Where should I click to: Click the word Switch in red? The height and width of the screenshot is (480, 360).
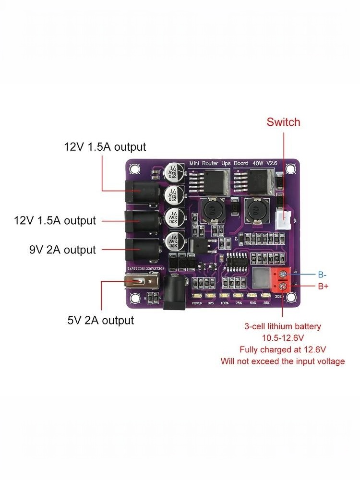pos(283,122)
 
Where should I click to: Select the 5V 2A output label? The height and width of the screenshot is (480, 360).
pos(100,320)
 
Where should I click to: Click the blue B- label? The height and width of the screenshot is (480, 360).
pos(322,275)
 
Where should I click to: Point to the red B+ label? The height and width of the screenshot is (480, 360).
pos(323,287)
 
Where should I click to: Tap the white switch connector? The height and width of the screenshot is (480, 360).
pos(287,219)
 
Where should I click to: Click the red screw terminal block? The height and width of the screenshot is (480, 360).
pos(283,281)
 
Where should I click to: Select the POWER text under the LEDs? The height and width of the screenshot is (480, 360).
pos(197,303)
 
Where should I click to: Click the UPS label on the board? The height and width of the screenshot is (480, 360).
pos(211,303)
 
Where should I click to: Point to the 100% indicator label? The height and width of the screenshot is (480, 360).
pos(224,303)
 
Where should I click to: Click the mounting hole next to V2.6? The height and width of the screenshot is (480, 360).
pos(290,169)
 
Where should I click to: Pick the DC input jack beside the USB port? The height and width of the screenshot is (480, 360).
pos(174,293)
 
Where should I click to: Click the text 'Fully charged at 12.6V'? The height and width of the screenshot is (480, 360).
pos(282,349)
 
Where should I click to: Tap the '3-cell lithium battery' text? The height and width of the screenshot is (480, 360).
pos(282,326)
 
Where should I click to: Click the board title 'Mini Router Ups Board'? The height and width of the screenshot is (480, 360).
pos(219,164)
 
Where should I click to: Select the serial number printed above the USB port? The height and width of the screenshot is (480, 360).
pos(145,269)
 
